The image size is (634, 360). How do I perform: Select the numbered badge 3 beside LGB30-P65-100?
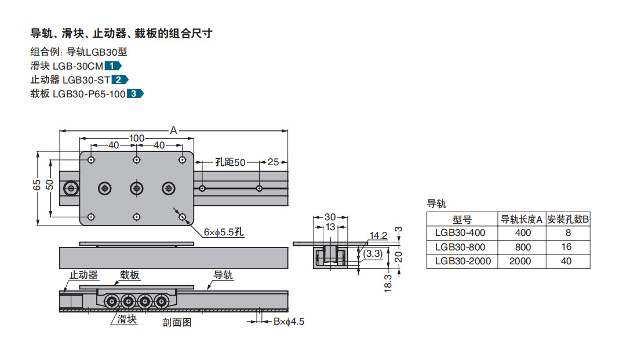pos(135,93)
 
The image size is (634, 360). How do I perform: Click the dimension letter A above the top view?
pos(173,130)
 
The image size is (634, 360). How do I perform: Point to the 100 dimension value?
pos(137,139)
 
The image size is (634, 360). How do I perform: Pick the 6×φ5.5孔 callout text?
pos(224,232)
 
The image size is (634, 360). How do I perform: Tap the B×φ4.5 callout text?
pos(288,321)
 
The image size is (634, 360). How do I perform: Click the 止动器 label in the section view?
pos(84,275)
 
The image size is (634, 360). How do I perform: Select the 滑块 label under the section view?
pos(127,319)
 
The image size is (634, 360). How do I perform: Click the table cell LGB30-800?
pos(460,247)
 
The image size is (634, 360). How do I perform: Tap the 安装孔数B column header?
pos(568,219)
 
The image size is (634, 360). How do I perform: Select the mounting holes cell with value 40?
pos(566,261)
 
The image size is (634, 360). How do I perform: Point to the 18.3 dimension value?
pos(388,283)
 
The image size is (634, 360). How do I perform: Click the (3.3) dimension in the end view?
pos(373,253)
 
